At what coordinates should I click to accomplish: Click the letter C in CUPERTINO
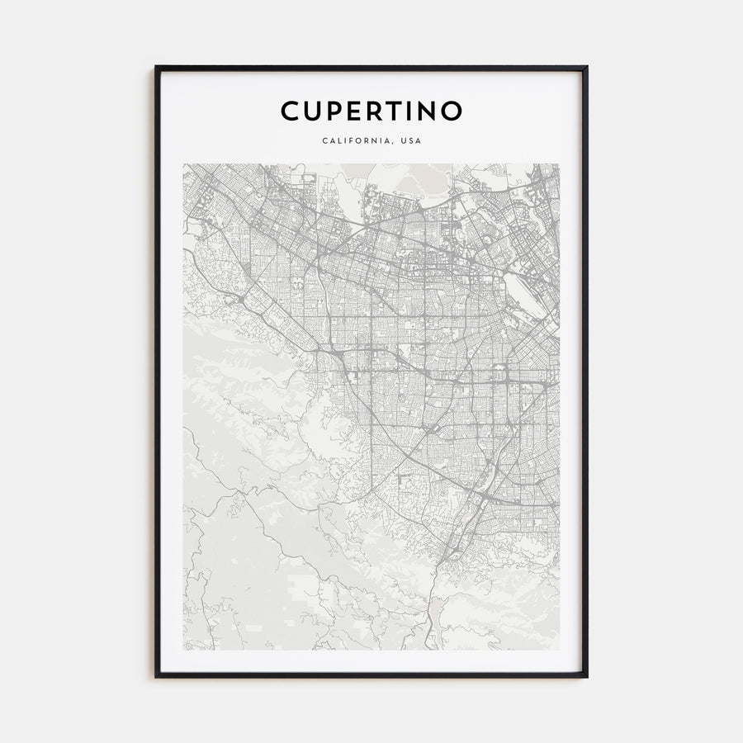tap(290, 111)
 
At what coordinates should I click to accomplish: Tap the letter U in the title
tap(314, 111)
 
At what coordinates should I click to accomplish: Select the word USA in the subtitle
tap(410, 140)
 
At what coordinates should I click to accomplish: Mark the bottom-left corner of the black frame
tap(156, 677)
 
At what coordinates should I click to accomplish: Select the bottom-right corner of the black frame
tap(587, 677)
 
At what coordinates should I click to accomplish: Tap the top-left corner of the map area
tap(183, 163)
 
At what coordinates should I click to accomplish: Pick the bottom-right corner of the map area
tap(559, 650)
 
